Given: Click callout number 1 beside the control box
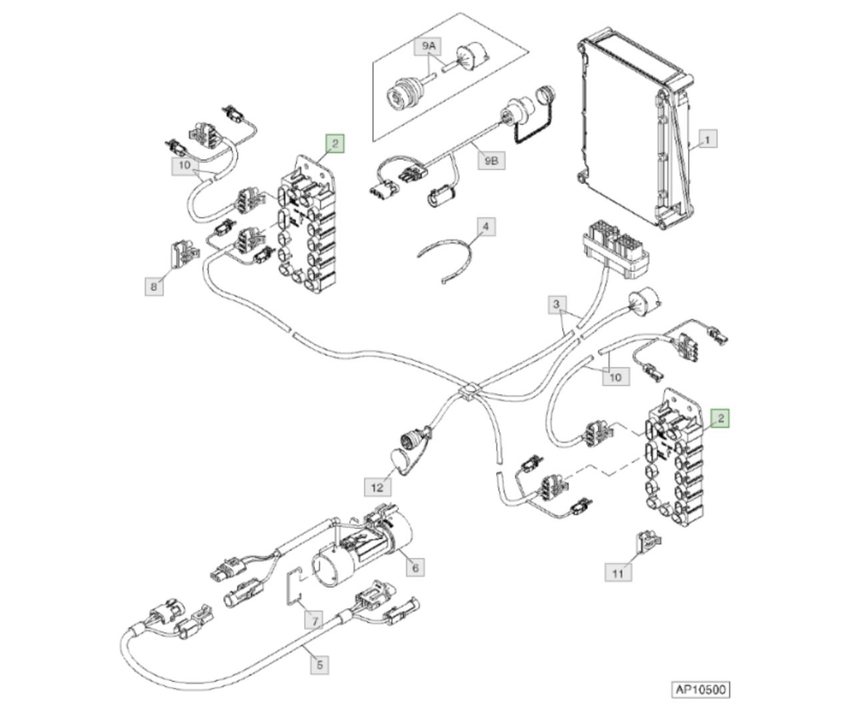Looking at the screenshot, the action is [708, 139].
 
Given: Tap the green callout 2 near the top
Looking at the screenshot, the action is [335, 143].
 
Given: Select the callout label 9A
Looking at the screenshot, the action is [428, 46].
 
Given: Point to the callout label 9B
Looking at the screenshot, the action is [491, 161].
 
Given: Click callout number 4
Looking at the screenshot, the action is [486, 227].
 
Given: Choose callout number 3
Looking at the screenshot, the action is [556, 305].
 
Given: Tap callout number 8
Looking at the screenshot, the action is [154, 287].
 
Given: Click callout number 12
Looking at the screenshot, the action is [377, 487].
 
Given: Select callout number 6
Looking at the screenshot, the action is [415, 567].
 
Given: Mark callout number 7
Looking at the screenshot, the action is [315, 622].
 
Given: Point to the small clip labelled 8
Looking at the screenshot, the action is [184, 255].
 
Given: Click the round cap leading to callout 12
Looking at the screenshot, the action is [403, 460].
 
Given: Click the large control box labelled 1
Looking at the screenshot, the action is [636, 129].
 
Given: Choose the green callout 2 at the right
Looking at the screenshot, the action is [720, 418].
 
